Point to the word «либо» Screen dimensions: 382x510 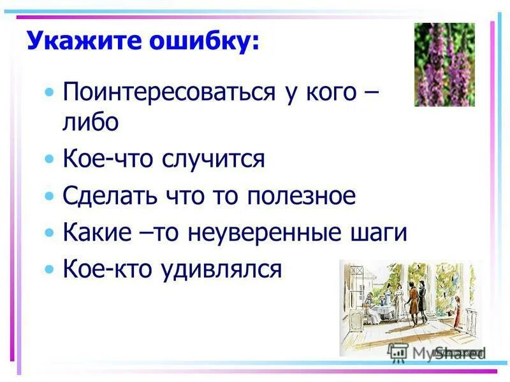point(91,122)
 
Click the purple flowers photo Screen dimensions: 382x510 point(444,64)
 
